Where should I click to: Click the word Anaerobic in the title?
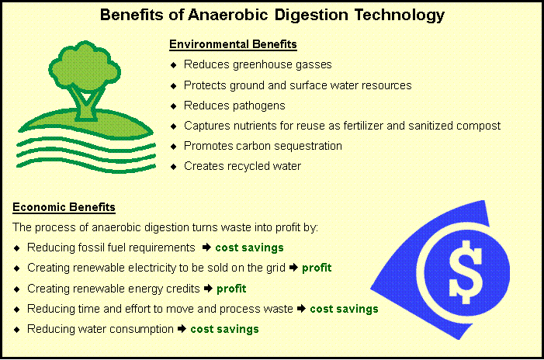tap(228, 15)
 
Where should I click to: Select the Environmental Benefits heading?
tap(233, 44)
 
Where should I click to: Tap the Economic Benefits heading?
tap(64, 207)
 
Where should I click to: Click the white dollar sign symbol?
tap(466, 272)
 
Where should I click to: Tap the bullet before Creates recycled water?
tap(174, 167)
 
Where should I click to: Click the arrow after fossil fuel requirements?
tap(206, 247)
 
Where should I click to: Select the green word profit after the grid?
tap(317, 268)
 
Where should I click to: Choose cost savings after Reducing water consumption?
tap(224, 329)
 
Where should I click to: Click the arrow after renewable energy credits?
tap(208, 288)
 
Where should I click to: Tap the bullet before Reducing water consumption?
tap(17, 329)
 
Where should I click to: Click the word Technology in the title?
tap(400, 16)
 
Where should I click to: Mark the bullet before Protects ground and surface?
tap(174, 85)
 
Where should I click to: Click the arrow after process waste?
tap(302, 308)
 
